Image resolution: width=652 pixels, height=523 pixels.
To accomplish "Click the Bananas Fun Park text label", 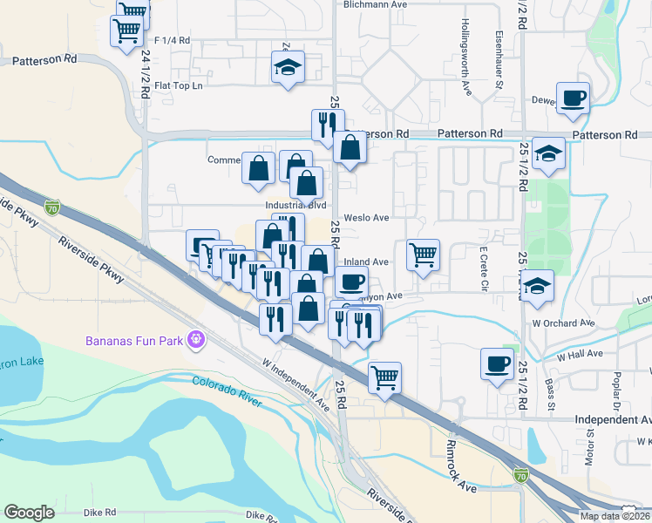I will click(x=134, y=339).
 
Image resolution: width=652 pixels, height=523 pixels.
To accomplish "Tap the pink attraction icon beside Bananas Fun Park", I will click(x=198, y=338).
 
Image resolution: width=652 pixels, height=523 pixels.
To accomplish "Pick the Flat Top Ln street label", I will click(x=178, y=85).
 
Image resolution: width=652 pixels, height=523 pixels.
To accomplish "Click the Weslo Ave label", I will click(x=366, y=217).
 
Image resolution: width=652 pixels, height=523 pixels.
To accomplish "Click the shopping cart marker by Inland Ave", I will click(x=423, y=255).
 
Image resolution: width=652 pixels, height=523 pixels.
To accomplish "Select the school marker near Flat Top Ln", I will click(x=287, y=68).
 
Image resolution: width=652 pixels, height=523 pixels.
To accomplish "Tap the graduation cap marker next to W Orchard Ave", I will click(x=538, y=286).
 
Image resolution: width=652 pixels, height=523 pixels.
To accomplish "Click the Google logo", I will click(x=29, y=513).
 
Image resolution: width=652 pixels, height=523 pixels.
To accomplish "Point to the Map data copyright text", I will click(x=614, y=516).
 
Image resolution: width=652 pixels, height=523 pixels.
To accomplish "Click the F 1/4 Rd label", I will click(x=172, y=41).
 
